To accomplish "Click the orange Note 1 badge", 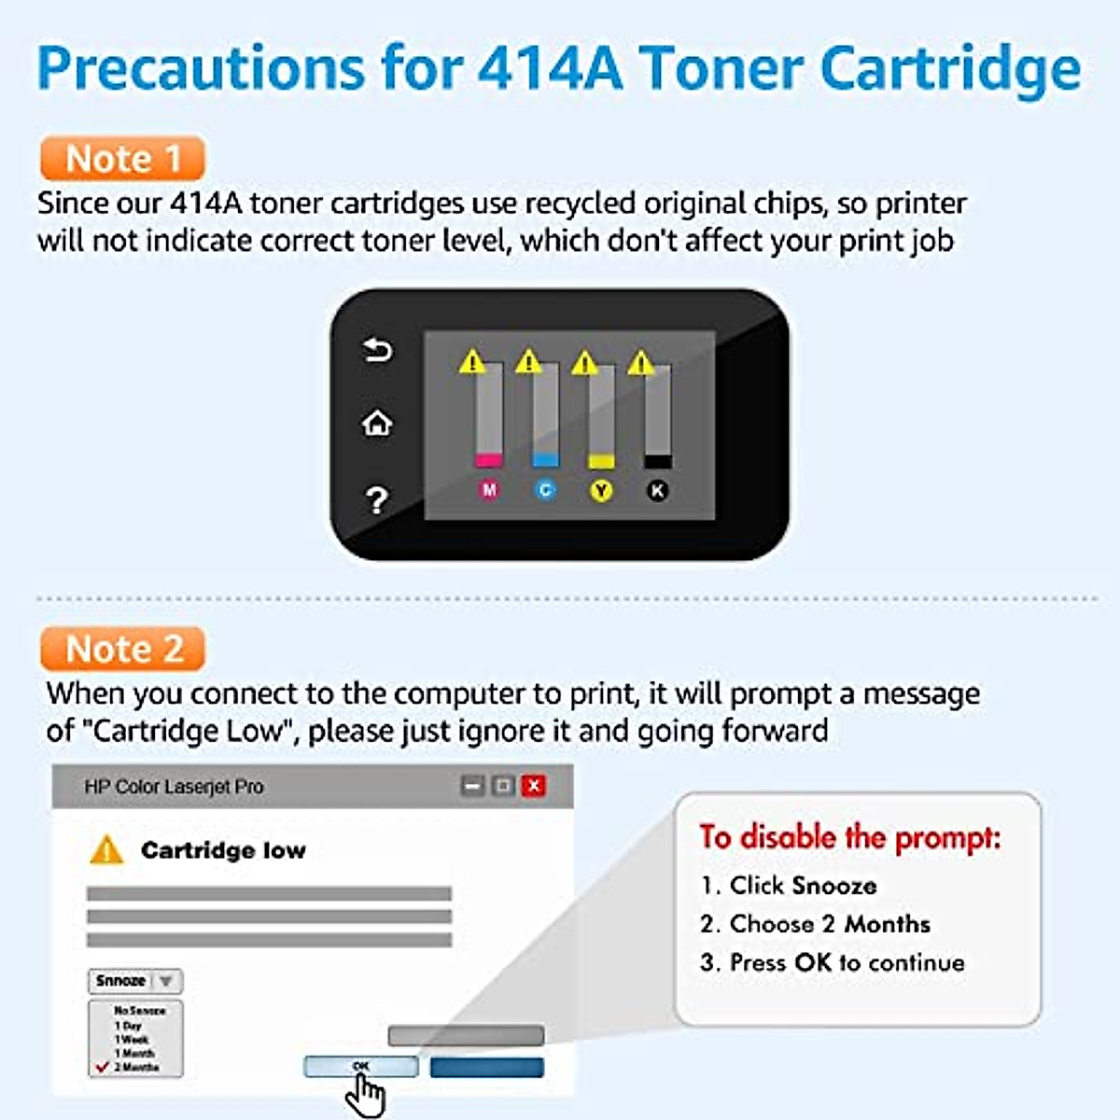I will pyautogui.click(x=122, y=159).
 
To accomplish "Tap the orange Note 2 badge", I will pyautogui.click(x=122, y=649).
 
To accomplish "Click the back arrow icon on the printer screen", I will pyautogui.click(x=377, y=350).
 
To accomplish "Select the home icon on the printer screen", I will pyautogui.click(x=377, y=424).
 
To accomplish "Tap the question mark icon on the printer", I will pyautogui.click(x=377, y=500).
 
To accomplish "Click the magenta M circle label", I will pyautogui.click(x=489, y=490).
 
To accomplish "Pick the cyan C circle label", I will pyautogui.click(x=546, y=490).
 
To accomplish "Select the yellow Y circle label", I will pyautogui.click(x=602, y=490).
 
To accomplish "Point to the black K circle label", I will pyautogui.click(x=658, y=490).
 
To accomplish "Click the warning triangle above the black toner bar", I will pyautogui.click(x=641, y=362).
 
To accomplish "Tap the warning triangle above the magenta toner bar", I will pyautogui.click(x=472, y=361).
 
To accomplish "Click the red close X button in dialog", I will pyautogui.click(x=534, y=786).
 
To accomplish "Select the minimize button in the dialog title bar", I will pyautogui.click(x=473, y=786).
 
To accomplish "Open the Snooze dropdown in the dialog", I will pyautogui.click(x=136, y=981).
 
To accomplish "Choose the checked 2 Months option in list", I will pyautogui.click(x=135, y=1067).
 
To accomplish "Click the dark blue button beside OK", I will pyautogui.click(x=486, y=1067).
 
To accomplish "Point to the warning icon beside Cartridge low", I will pyautogui.click(x=106, y=850).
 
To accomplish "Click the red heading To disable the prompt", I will pyautogui.click(x=849, y=837).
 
